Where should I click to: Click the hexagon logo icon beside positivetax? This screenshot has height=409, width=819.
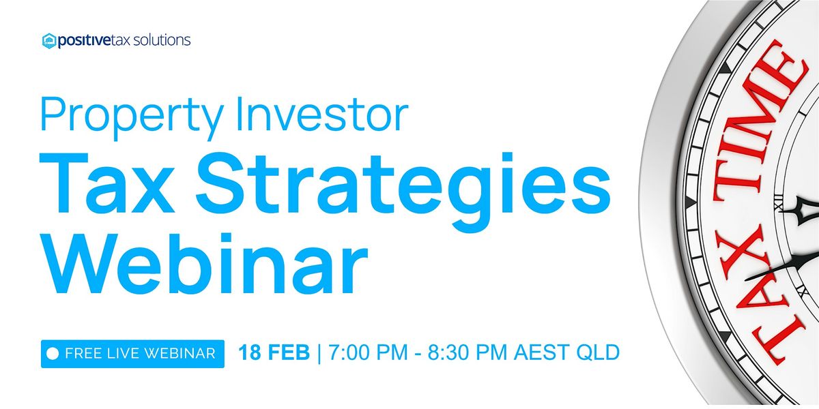49,41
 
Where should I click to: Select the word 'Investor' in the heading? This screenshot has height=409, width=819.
322,114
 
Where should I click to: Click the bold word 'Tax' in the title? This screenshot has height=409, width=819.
106,183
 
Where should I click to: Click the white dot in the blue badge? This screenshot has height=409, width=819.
53,354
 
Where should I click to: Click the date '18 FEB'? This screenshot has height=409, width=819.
274,352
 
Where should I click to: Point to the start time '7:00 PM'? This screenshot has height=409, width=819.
368,352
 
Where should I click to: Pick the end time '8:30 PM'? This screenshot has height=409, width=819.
468,352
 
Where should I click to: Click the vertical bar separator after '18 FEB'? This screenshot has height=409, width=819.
319,353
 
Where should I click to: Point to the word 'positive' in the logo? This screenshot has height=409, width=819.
84,41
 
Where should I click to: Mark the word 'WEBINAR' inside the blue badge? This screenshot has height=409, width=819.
180,354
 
